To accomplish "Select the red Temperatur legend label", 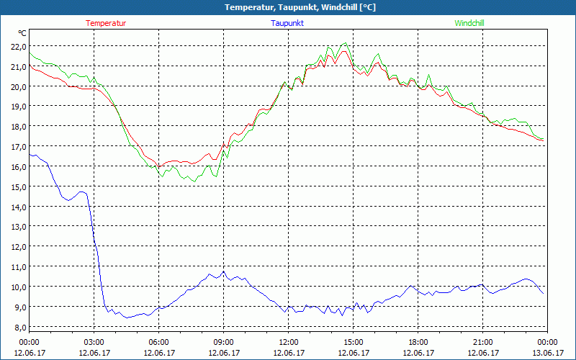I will point(106,23).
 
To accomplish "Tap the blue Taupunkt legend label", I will point(287,23).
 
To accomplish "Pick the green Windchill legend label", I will point(469,23).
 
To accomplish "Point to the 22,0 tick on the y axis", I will point(17,47).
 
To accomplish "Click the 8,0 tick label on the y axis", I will point(17,327).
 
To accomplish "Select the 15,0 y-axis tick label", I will point(17,186).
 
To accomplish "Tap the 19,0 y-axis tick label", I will point(17,107).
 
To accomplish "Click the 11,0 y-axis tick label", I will point(17,266).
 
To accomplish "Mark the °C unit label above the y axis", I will point(22,33).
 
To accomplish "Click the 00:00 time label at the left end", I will point(29,341).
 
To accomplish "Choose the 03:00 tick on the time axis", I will point(94,341).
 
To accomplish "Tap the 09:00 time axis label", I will point(223,341).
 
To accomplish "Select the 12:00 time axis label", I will point(288,341).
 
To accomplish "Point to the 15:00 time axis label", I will point(353,341).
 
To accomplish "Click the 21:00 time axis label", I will point(482,341).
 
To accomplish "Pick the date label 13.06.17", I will point(547,353).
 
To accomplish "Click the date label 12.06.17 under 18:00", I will point(418,353).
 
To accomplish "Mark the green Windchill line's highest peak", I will point(345,43).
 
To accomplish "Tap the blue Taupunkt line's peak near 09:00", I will point(224,271).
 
